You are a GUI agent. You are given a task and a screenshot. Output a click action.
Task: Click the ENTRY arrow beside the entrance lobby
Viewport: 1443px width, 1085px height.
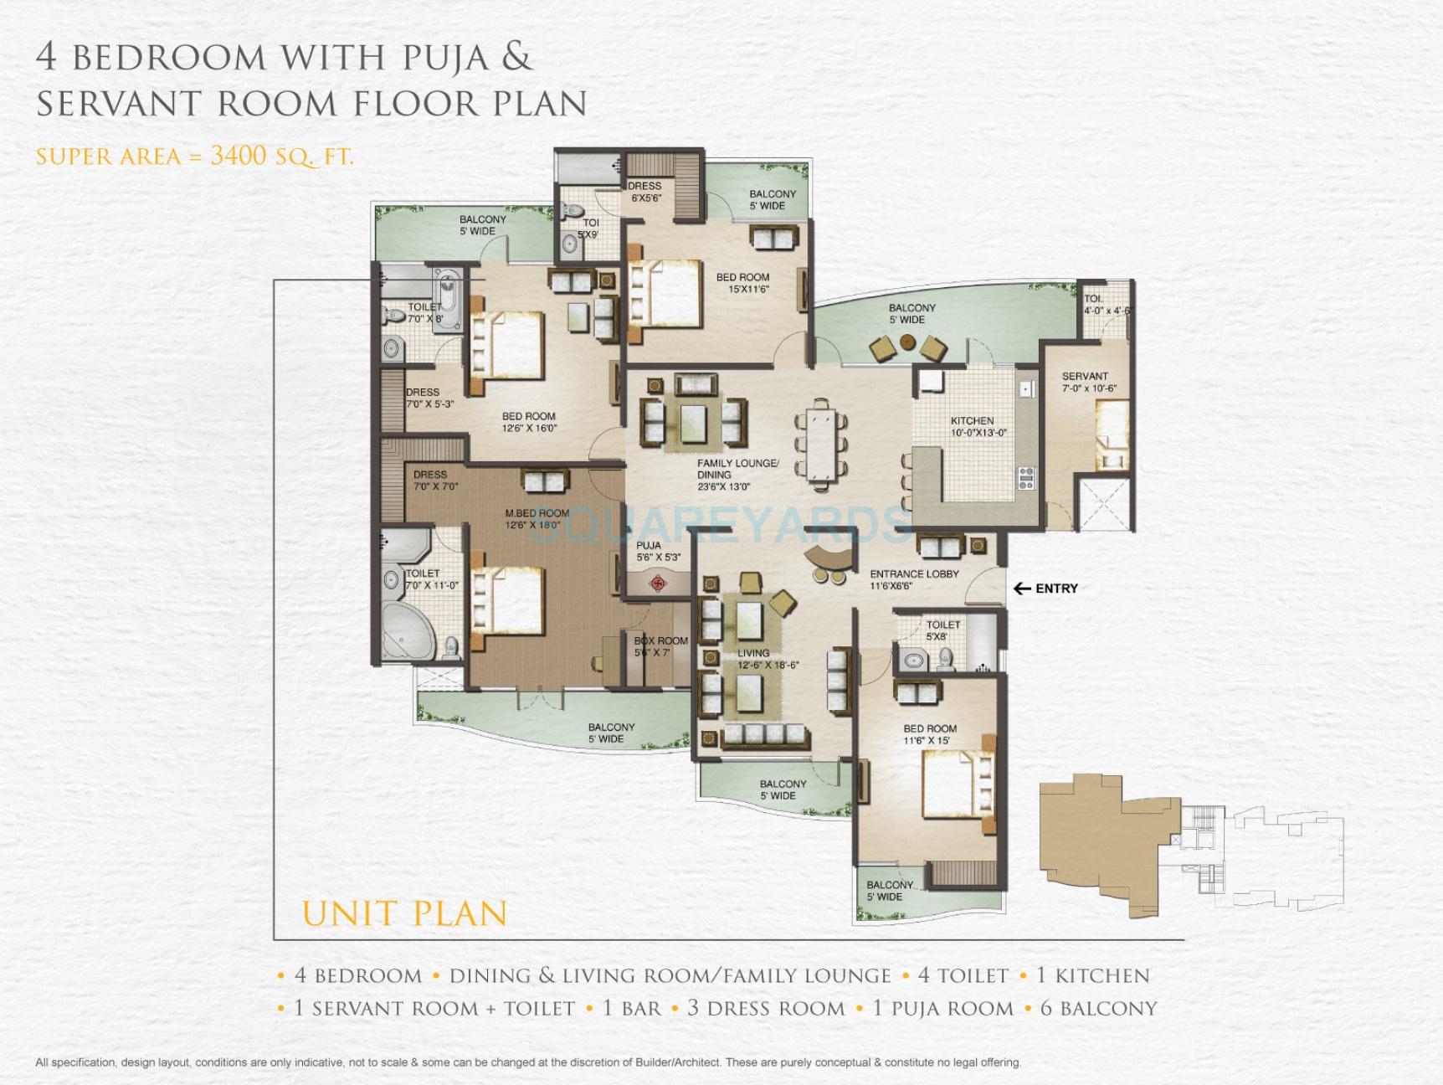pos(1022,589)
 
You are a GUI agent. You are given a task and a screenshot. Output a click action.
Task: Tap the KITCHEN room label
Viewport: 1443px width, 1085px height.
pos(972,421)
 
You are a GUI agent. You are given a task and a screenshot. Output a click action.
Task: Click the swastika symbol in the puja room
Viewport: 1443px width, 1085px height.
pos(657,580)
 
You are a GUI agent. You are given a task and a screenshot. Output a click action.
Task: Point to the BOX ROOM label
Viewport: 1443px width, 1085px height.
pos(660,641)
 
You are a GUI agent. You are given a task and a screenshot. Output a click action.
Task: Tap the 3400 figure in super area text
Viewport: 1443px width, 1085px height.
pos(239,156)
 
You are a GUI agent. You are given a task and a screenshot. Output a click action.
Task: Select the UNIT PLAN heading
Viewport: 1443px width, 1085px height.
pos(404,913)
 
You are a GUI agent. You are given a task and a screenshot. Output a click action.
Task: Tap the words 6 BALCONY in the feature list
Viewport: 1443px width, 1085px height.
pos(1098,1009)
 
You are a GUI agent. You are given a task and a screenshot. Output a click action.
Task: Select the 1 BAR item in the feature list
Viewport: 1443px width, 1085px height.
pos(631,1009)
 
